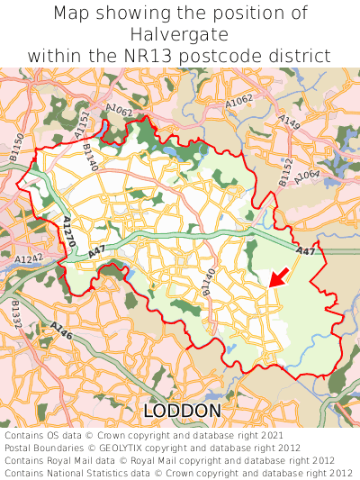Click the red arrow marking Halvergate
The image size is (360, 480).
[280, 276]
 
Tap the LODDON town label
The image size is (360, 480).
[182, 412]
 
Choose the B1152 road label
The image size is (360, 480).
[285, 172]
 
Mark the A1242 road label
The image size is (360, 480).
[29, 259]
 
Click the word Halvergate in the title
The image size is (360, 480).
[180, 34]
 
